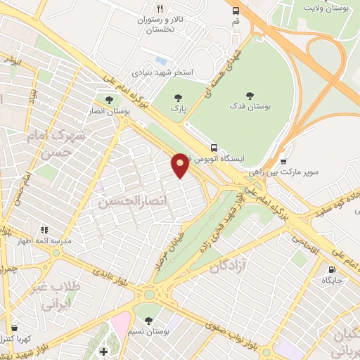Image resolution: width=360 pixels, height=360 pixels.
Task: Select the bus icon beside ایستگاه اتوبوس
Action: point(214,148)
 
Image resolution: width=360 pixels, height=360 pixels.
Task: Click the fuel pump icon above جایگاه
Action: point(331,269)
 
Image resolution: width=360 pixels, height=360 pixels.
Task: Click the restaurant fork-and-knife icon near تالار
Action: point(160,8)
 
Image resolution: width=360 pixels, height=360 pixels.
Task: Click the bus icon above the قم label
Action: point(236,11)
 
